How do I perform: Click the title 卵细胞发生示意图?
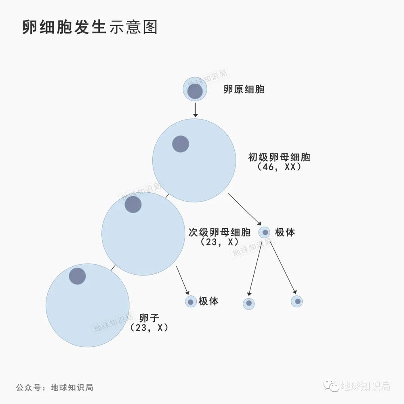pos(90,27)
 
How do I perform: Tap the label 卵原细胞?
pos(244,90)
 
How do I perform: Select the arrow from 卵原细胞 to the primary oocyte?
pos(195,109)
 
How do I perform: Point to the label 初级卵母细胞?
pos(279,157)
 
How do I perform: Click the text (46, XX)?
pos(279,167)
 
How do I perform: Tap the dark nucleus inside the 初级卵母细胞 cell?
pos(181,144)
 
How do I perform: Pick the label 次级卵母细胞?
pos(220,232)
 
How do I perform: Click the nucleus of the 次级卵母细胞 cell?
pos(133,204)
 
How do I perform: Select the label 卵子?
pos(149,318)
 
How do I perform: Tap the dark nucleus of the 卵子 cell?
pos(77,276)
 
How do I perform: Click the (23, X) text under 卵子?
pos(149,328)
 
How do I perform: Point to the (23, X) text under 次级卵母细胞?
pos(219,242)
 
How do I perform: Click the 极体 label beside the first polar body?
pos(285,232)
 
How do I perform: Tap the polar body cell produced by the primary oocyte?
pos(265,232)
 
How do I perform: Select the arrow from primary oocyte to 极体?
pos(245,209)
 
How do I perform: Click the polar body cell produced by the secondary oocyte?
pos(191,301)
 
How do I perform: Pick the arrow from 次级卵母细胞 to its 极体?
pos(183,280)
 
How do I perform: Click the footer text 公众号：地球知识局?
pos(55,387)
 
